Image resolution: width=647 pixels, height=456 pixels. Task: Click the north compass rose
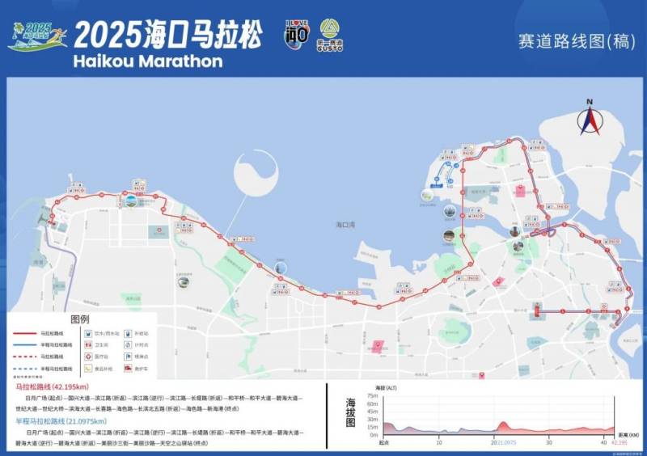[x=590, y=119]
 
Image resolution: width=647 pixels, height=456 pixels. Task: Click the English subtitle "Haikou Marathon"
[x=147, y=61]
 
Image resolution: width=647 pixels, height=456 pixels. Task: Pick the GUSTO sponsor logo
[x=330, y=35]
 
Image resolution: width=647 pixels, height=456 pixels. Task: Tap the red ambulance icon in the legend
[x=129, y=369]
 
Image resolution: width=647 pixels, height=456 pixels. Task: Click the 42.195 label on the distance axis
[x=619, y=442]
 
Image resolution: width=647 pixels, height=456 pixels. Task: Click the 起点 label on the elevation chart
[x=386, y=442]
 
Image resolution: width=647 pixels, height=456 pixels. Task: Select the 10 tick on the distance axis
[x=438, y=442]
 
